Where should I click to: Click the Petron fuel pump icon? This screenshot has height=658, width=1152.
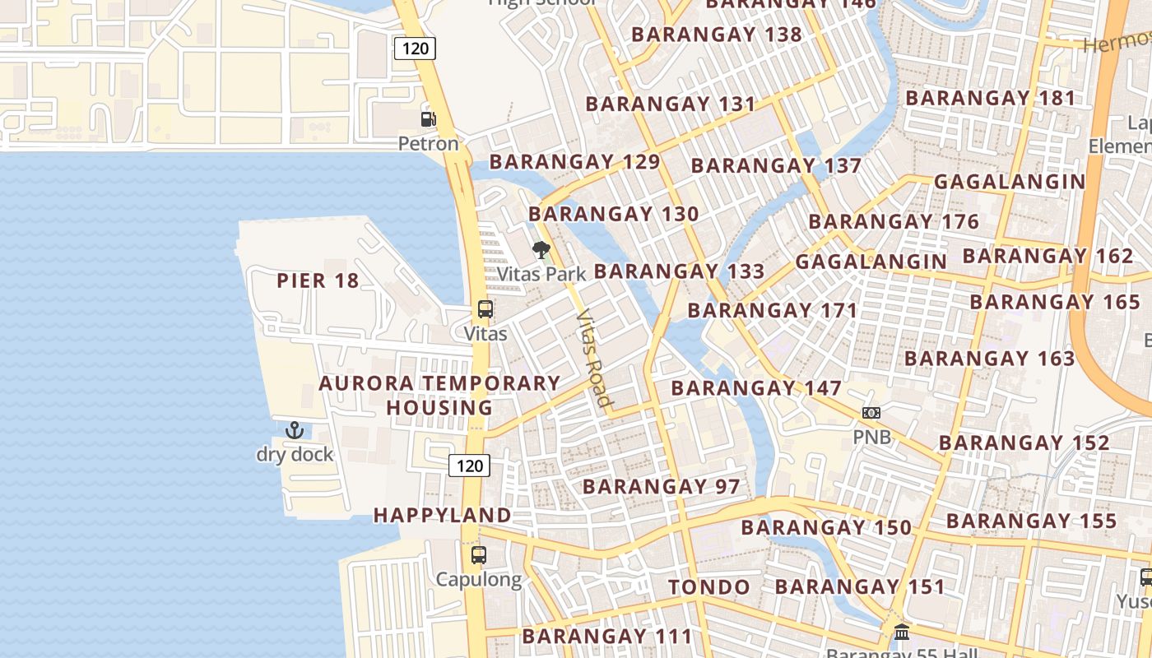(x=428, y=118)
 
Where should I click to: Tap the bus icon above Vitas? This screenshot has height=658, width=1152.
(x=485, y=310)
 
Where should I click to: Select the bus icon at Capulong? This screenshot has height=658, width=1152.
(x=479, y=555)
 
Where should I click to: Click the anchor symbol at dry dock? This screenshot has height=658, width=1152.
(x=295, y=430)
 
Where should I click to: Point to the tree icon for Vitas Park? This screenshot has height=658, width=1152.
(x=541, y=250)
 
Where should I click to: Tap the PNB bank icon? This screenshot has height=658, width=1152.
(x=871, y=413)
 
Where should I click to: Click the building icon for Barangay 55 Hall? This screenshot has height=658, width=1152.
(x=902, y=633)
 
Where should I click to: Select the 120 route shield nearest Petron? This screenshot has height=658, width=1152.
(x=416, y=49)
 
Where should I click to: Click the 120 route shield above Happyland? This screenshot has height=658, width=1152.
(x=470, y=466)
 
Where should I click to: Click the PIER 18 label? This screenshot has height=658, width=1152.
(x=318, y=281)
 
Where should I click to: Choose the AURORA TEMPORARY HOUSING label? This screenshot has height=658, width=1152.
(x=439, y=396)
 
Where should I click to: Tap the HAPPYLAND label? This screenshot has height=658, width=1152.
(x=443, y=516)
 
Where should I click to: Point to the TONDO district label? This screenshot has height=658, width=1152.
(x=708, y=587)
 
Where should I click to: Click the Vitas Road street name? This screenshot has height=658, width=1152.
(x=594, y=359)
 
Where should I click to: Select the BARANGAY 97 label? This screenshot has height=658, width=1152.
(x=662, y=487)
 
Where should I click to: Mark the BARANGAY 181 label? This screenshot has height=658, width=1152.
(x=991, y=99)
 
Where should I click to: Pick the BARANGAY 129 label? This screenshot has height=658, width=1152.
(x=574, y=162)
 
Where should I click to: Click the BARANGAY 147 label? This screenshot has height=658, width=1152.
(x=756, y=388)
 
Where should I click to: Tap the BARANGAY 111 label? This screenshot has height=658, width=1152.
(x=607, y=637)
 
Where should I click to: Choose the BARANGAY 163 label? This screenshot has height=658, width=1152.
(x=989, y=359)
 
